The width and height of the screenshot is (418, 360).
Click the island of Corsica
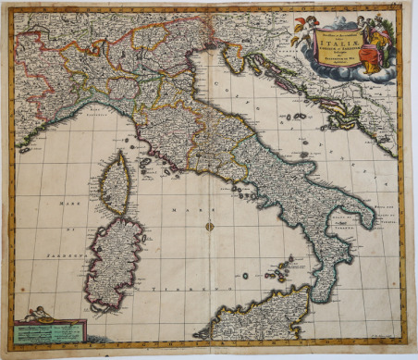coord(115,184)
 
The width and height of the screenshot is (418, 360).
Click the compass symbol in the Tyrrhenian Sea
coord(210,226)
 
